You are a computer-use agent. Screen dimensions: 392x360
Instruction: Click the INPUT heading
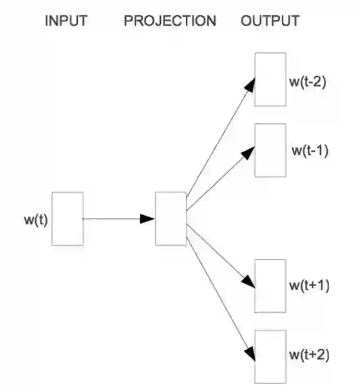[x=66, y=21]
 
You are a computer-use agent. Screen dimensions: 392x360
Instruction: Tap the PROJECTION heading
[x=170, y=21]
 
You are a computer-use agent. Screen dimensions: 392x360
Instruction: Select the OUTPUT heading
[x=270, y=21]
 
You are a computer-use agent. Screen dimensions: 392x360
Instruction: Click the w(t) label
[x=35, y=220]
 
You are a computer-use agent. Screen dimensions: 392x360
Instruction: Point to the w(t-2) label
[x=307, y=82]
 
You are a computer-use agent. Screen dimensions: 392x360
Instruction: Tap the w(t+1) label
[x=309, y=286]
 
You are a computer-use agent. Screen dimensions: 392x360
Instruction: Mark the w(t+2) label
[x=309, y=355]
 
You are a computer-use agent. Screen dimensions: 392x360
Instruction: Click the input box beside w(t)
[x=67, y=219]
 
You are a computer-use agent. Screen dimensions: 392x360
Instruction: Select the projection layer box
[x=171, y=219]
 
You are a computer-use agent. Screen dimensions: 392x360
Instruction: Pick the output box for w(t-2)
[x=270, y=79]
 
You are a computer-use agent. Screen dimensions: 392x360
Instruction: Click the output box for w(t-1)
[x=270, y=150]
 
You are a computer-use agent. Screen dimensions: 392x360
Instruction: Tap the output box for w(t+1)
[x=270, y=286]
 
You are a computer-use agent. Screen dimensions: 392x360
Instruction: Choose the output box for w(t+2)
[x=270, y=356]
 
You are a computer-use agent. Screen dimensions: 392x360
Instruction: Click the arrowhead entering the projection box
[x=148, y=219]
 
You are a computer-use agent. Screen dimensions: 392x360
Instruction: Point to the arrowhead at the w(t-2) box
[x=251, y=85]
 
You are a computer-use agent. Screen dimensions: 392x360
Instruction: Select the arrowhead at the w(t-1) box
[x=249, y=152]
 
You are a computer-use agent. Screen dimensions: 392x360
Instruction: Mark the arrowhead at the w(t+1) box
[x=249, y=282]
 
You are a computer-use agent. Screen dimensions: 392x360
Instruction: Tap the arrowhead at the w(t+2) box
[x=250, y=354]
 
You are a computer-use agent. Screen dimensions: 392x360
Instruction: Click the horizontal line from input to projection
[x=112, y=219]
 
